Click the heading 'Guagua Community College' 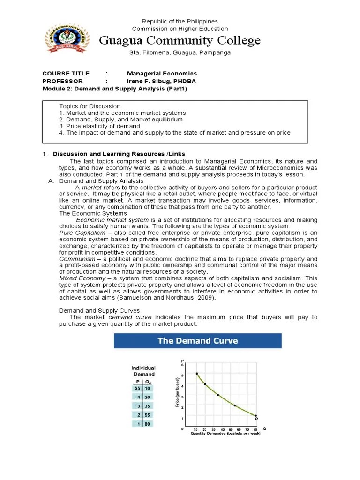coord(180,41)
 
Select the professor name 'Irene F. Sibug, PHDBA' coord(161,81)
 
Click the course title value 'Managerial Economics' coord(162,74)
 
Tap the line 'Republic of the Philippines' coord(180,22)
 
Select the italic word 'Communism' coord(75,259)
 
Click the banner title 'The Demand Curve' coord(197,341)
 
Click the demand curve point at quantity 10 coord(197,374)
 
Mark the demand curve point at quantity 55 coord(235,405)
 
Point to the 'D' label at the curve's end coord(257,418)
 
